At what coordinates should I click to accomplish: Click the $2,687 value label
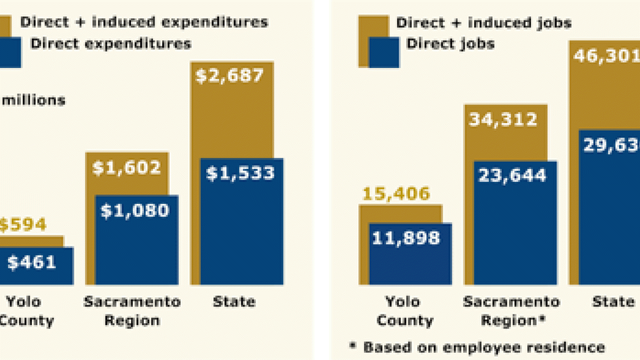coord(229,76)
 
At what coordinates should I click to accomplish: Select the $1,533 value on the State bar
coord(240,173)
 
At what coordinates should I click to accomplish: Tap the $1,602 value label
coord(126,167)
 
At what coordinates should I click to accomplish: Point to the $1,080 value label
coord(135,210)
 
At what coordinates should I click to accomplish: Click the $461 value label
coord(31,262)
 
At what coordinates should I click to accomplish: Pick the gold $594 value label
coord(22,225)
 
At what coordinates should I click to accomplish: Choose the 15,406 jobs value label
coord(394,193)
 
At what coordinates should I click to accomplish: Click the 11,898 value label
coord(405,238)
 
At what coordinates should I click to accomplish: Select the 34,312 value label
coord(502,119)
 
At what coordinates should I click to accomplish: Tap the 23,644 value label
coord(511,175)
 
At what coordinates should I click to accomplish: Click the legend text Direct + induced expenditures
coord(144,22)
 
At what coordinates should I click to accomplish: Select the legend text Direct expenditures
coord(110,43)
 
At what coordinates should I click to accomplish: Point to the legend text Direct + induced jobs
coord(483,22)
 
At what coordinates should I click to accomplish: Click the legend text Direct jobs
coord(450,43)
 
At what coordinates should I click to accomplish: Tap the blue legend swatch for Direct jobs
coord(384,52)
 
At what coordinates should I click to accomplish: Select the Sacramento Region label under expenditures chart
coord(132,311)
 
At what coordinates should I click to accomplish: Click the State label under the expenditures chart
coord(234,302)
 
